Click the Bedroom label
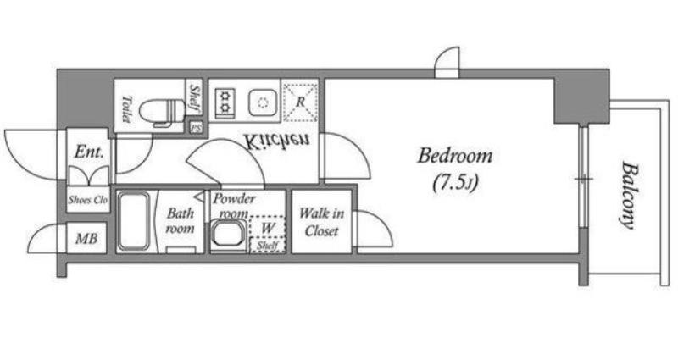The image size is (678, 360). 454,156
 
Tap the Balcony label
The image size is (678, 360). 628,195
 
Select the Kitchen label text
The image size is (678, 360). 276,141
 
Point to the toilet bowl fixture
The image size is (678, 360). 162,112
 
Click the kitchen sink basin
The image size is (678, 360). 263,102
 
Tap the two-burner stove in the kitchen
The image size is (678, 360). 225,102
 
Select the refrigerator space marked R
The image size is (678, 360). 300,102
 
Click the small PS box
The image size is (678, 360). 196,128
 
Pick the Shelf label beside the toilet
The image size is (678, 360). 195,97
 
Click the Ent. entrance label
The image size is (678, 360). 89,152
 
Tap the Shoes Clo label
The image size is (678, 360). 88,200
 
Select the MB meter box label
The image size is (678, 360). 86,239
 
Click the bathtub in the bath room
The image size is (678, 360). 134,221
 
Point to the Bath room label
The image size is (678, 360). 181,220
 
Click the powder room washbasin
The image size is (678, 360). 228,236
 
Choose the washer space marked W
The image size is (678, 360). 267,228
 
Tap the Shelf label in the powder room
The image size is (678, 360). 266,246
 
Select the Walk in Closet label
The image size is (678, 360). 322,222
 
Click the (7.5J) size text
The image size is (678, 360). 455,184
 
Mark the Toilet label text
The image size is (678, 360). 126,108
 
